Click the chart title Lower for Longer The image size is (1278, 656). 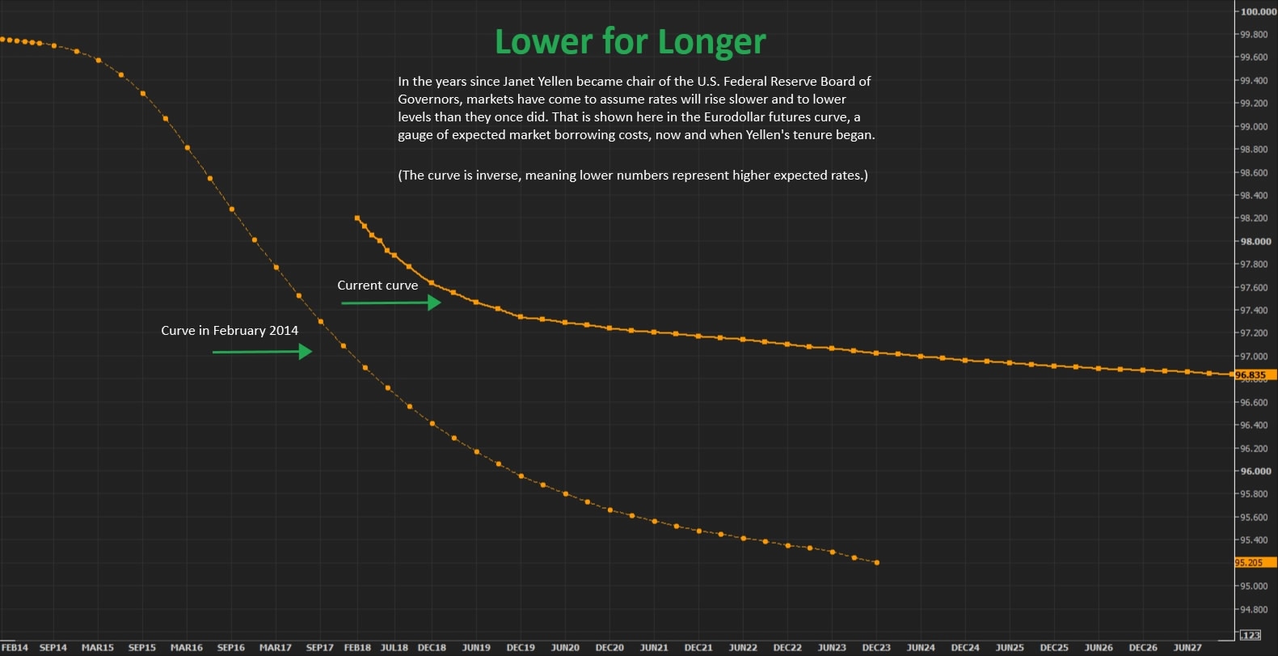point(630,42)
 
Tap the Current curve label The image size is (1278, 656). point(377,286)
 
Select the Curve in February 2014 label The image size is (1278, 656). point(230,331)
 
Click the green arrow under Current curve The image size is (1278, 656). point(391,303)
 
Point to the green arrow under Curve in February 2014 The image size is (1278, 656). point(262,352)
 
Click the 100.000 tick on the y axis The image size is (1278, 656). point(1258,12)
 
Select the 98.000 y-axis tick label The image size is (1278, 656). point(1255,242)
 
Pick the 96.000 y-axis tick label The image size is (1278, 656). point(1255,472)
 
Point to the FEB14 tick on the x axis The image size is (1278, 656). point(15,648)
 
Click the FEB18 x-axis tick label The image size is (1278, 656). point(357,648)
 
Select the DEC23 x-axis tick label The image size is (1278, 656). point(876,648)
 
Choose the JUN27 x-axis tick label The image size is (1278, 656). point(1187,648)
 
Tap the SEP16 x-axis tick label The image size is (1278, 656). point(231,648)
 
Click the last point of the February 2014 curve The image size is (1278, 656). point(877,563)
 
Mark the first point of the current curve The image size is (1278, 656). point(356,218)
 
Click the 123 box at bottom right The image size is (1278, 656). point(1251,635)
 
